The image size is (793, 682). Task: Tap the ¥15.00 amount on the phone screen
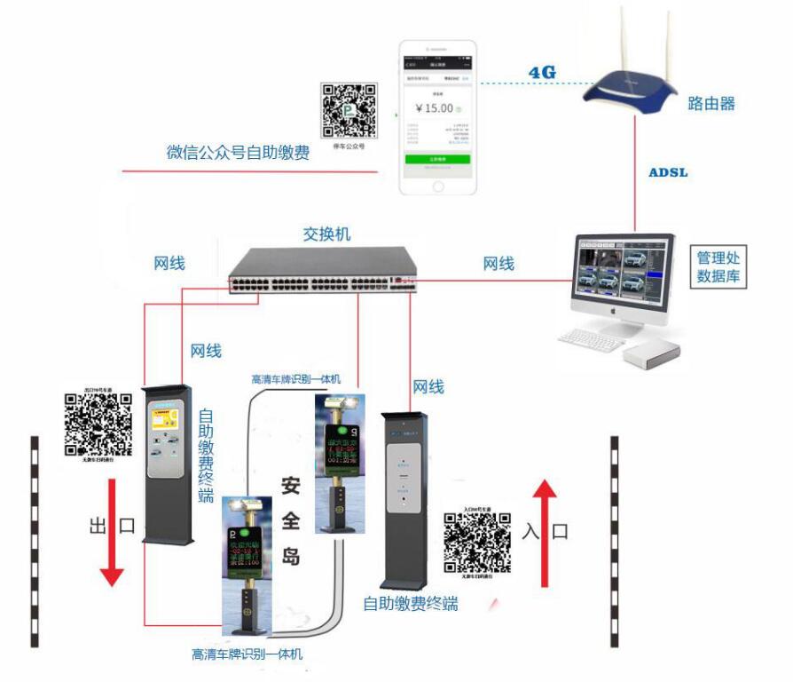tap(434, 108)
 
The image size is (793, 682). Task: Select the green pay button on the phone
tap(436, 158)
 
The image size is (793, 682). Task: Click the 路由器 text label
tap(711, 104)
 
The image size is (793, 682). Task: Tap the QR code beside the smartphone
tap(349, 111)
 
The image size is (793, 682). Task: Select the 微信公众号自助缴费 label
tap(238, 152)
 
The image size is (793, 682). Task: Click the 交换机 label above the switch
tap(326, 234)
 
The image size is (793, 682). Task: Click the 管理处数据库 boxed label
tap(720, 267)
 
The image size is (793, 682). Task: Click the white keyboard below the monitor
tap(592, 340)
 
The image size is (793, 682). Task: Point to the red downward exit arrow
tap(112, 532)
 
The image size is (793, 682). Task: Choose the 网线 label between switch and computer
tap(499, 264)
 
